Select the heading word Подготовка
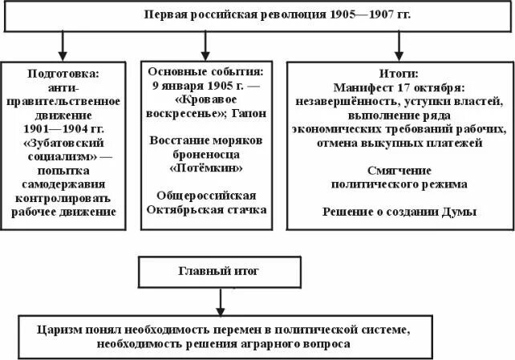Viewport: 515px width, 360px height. (x=63, y=73)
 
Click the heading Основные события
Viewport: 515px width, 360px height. (x=207, y=70)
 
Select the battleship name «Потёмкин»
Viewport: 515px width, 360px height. (x=207, y=168)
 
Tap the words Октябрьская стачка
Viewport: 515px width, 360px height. (x=207, y=209)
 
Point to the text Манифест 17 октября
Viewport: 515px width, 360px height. (x=398, y=87)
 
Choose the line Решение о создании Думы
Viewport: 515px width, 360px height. (x=399, y=212)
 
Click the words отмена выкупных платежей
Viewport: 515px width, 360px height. (x=398, y=143)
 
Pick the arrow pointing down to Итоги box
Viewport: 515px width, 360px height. (x=398, y=45)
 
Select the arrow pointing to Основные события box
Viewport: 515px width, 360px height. (x=208, y=45)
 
